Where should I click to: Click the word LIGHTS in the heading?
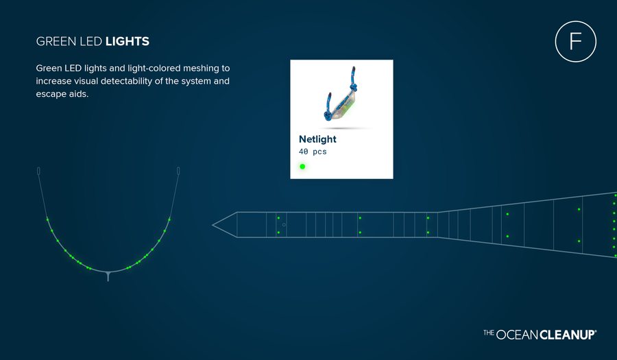[128, 41]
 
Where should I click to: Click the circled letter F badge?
[575, 41]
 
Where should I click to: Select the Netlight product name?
[317, 139]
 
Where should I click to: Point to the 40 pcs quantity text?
[313, 152]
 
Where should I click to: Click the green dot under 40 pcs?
[302, 167]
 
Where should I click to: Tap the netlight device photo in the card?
[341, 95]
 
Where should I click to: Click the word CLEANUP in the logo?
[568, 335]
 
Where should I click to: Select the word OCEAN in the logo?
[517, 335]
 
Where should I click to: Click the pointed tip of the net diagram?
[213, 225]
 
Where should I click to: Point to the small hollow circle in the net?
[284, 225]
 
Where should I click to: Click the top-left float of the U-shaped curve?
[38, 171]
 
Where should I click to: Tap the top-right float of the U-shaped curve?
[179, 171]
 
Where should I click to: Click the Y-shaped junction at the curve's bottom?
[108, 274]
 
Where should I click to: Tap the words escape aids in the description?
[62, 94]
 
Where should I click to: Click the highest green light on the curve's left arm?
[47, 219]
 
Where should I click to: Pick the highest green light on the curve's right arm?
[169, 219]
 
